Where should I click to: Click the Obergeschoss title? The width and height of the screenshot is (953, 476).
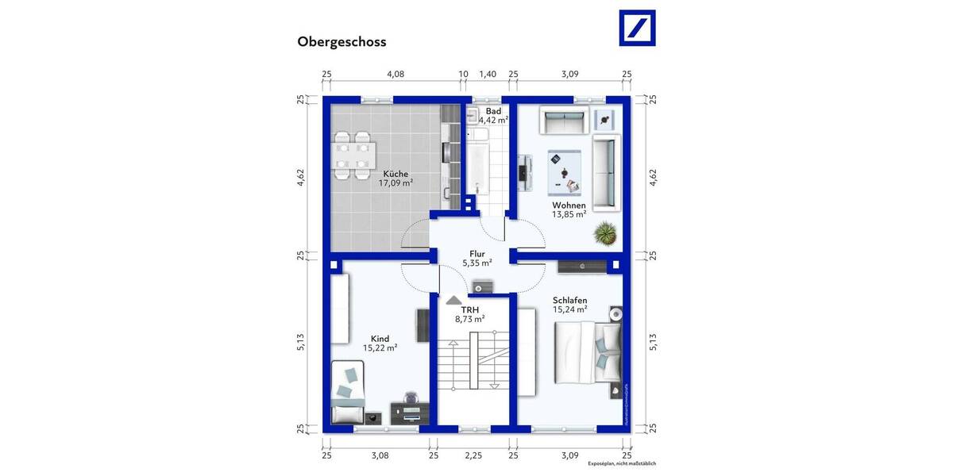tap(341, 42)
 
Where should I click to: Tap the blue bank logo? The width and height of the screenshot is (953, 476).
tap(637, 29)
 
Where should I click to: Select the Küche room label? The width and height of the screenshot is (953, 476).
tap(395, 174)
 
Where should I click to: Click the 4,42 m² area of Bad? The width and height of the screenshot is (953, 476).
tap(493, 121)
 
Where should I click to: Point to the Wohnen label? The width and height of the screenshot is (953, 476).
tap(569, 205)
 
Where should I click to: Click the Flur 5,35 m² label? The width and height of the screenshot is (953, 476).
tap(476, 258)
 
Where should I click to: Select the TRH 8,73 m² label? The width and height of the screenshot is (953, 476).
tap(469, 313)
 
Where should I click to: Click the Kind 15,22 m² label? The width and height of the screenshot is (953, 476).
tap(380, 343)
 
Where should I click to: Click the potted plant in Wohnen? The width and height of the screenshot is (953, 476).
tap(606, 233)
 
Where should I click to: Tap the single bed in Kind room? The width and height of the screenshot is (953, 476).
tap(346, 392)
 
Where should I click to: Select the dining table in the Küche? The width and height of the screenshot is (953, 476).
tap(353, 155)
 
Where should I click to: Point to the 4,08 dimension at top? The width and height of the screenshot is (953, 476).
tap(395, 74)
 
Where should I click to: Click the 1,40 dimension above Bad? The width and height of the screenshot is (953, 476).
tap(487, 74)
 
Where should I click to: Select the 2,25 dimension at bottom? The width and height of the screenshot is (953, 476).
tap(473, 455)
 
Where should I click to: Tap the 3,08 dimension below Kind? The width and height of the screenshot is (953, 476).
tap(380, 455)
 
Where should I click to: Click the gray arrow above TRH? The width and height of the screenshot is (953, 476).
tap(453, 301)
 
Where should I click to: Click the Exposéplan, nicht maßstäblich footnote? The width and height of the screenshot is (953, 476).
tap(621, 463)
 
